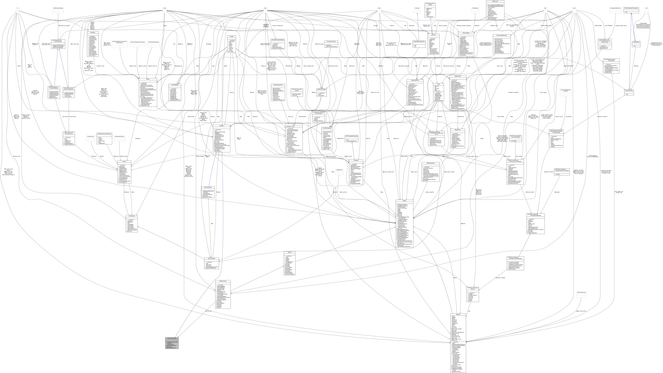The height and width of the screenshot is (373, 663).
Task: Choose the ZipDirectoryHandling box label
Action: pyautogui.click(x=58, y=8)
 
